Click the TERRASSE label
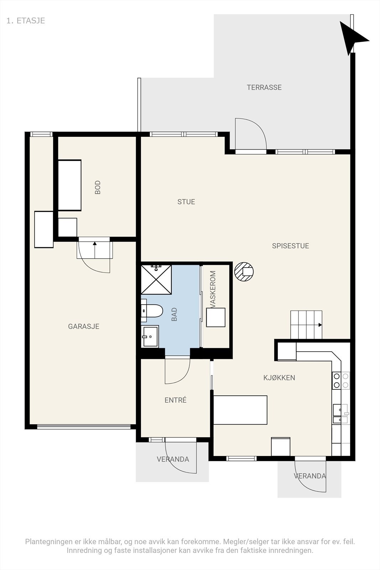[264, 87]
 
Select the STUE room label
[186, 202]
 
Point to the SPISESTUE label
[291, 246]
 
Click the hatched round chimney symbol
[244, 271]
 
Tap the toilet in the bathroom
[152, 311]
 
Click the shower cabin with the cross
[156, 280]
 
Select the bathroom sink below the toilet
[150, 336]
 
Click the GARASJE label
[83, 326]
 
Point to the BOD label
[98, 187]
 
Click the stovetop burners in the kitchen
[341, 380]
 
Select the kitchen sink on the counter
[341, 414]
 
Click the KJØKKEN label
[279, 378]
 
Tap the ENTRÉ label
[176, 400]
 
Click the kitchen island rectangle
[240, 410]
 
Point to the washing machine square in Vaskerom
[216, 317]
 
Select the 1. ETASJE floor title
[26, 21]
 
